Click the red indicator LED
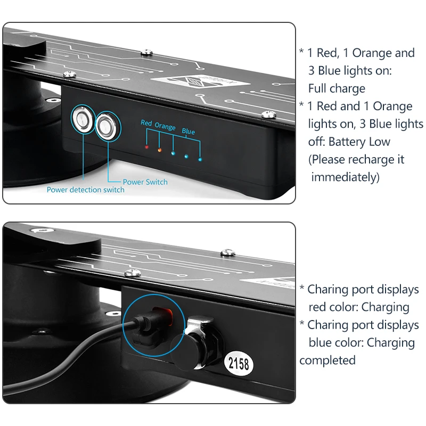coord(146,146)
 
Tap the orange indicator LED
coord(159,150)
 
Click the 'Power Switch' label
coord(145,182)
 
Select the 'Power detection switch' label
coord(85,190)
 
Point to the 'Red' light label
coord(146,123)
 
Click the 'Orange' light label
coord(165,127)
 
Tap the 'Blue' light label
coord(189,131)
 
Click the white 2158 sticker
coord(238,365)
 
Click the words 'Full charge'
coord(337,88)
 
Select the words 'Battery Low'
coord(359,142)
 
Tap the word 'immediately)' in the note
coord(345,177)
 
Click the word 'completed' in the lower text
coord(327,361)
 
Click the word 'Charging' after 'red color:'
coord(384,307)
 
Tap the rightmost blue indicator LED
coord(200,159)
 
